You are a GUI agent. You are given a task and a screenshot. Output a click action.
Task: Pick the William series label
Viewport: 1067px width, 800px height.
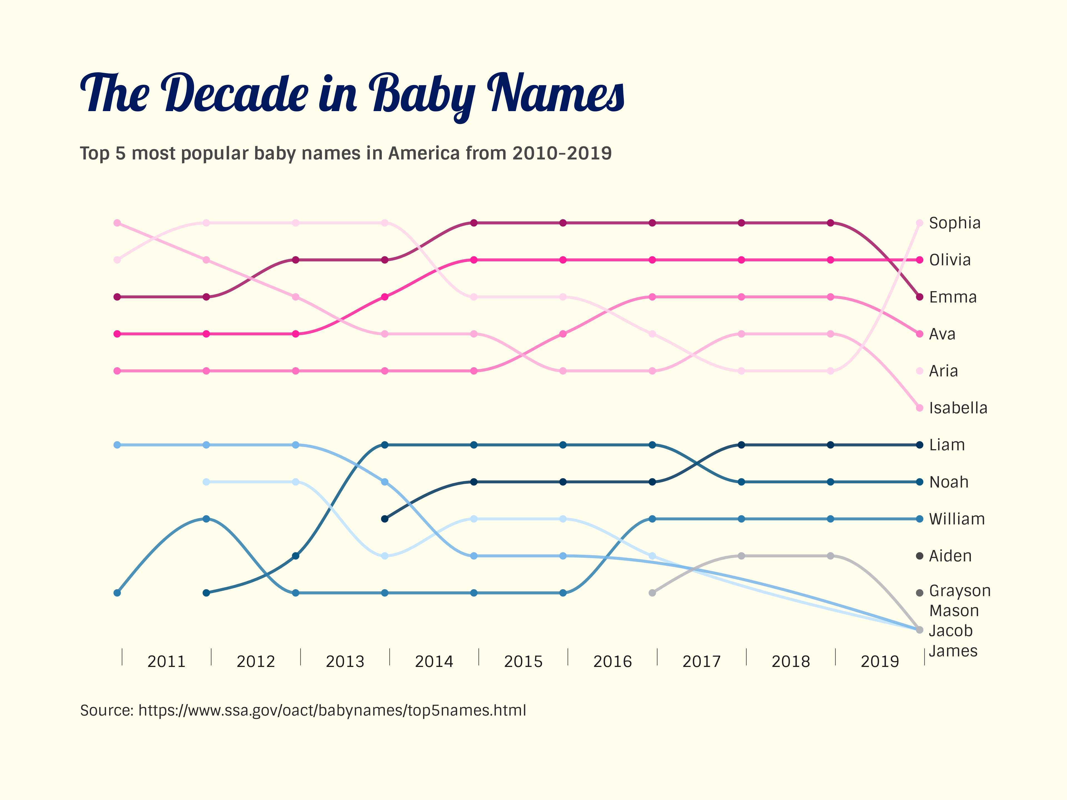click(x=956, y=519)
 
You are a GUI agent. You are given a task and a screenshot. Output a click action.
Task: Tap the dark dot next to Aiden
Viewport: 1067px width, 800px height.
click(x=919, y=556)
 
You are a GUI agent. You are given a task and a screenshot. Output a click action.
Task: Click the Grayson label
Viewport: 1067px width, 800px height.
click(x=959, y=591)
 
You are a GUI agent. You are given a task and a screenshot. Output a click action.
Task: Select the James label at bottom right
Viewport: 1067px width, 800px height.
click(x=953, y=651)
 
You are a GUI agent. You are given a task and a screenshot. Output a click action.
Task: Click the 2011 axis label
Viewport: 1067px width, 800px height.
click(x=166, y=661)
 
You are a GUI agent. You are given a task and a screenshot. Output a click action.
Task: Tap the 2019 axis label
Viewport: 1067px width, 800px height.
click(x=879, y=661)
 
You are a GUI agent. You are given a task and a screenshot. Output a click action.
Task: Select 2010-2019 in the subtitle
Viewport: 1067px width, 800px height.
click(x=562, y=153)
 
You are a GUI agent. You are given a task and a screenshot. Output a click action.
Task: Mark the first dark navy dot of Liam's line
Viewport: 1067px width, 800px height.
click(x=385, y=519)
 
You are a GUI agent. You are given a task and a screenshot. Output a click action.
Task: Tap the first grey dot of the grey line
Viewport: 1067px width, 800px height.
click(x=652, y=593)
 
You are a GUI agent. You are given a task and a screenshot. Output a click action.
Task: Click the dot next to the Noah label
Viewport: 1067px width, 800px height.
click(x=919, y=482)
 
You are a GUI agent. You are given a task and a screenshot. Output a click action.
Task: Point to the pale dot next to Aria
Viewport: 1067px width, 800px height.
click(x=919, y=371)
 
